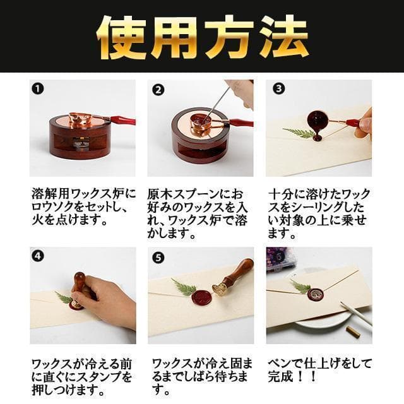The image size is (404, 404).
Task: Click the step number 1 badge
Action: coord(38,88)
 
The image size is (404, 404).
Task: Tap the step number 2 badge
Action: coord(158,90)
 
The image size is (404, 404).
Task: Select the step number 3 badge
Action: coord(278,88)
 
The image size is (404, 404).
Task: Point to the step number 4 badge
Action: coord(38,256)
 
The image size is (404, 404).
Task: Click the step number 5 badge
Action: coord(158,258)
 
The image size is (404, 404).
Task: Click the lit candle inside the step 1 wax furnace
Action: coord(76,144)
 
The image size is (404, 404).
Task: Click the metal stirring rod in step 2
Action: coord(216,104)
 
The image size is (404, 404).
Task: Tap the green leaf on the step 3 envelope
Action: coord(299,133)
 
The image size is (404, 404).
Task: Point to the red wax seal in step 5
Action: coord(201,296)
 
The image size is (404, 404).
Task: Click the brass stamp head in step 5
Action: coord(220,290)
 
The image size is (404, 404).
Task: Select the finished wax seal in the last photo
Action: coord(316,294)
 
